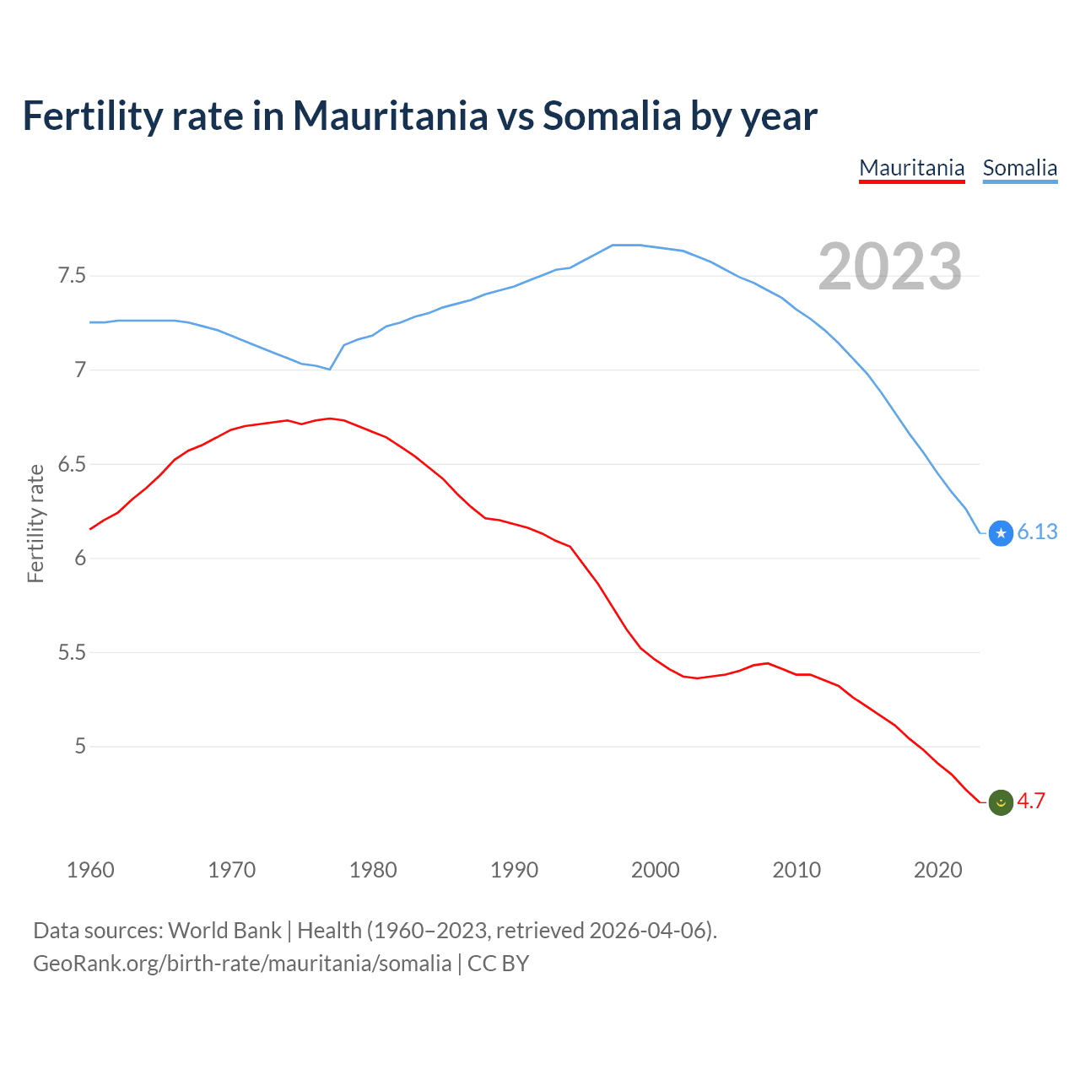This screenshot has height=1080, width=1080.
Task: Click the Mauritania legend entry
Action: [x=911, y=168]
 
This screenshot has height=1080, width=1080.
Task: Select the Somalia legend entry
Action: [x=1019, y=168]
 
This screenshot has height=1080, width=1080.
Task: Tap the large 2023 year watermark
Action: [x=890, y=267]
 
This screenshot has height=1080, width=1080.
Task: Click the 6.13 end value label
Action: [x=1037, y=532]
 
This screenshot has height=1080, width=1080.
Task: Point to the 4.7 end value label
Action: [x=1031, y=802]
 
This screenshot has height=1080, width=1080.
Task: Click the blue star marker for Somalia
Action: [x=1001, y=533]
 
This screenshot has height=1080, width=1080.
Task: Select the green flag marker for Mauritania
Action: [x=1001, y=802]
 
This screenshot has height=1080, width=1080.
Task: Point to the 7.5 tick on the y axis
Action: [x=72, y=276]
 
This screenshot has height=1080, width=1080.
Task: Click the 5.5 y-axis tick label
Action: [x=72, y=652]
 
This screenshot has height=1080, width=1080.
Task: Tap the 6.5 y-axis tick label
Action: [x=72, y=464]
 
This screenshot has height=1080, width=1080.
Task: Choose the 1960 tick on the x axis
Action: [x=90, y=870]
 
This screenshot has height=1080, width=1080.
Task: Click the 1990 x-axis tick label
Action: [x=514, y=870]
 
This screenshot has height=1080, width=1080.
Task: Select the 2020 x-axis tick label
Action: [x=937, y=870]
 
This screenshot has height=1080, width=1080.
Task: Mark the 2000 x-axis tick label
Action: [x=655, y=870]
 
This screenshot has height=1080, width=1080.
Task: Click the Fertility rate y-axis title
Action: [x=35, y=523]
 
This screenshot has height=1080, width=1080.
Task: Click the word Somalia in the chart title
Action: [x=611, y=116]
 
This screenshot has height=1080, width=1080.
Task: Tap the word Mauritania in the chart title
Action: [x=390, y=116]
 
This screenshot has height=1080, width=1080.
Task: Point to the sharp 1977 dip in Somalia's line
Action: [x=330, y=369]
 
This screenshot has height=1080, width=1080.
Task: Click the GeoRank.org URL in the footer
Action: [x=242, y=964]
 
